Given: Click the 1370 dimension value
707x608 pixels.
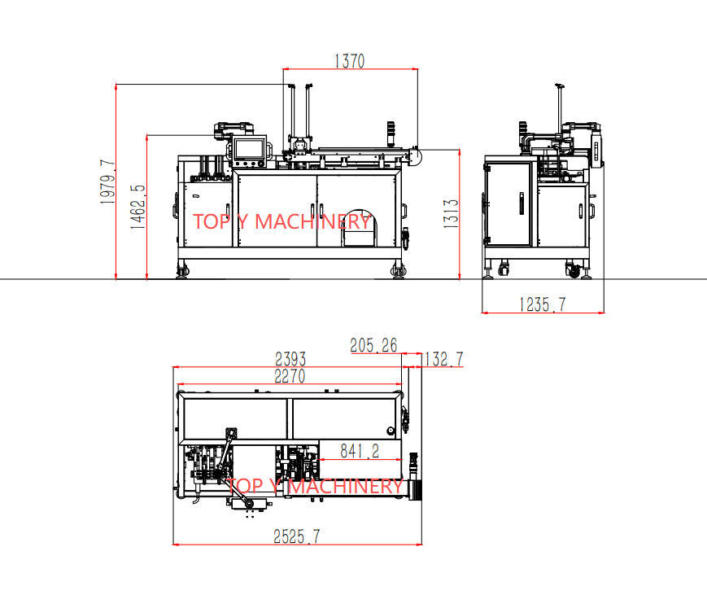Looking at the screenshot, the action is click(x=350, y=61).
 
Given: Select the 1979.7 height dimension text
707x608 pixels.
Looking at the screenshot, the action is click(x=107, y=182).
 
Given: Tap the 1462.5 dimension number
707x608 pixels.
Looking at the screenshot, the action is click(x=138, y=207).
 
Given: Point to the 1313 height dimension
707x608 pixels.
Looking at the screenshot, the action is click(x=451, y=213).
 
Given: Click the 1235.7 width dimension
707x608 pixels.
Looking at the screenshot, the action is click(x=543, y=304).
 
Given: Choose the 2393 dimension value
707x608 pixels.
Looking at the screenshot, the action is click(x=290, y=359).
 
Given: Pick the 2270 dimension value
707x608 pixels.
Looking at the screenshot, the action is click(x=290, y=376).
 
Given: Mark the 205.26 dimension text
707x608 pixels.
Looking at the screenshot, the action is click(x=373, y=345).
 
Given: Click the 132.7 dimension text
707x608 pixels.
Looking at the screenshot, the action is click(x=442, y=359).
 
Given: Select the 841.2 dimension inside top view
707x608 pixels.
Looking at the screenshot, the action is click(x=360, y=451).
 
